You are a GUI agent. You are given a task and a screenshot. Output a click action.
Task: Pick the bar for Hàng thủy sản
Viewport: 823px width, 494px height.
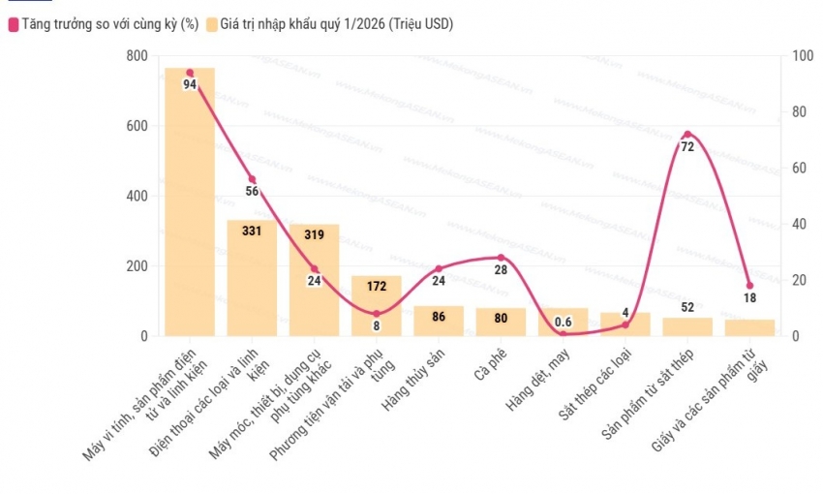tap(439, 322)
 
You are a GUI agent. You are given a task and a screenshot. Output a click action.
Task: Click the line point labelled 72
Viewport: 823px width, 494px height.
tap(687, 135)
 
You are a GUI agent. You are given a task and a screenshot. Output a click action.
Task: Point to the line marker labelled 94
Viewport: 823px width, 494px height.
tap(190, 73)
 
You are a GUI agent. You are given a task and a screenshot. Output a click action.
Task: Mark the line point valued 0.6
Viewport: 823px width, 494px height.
tap(564, 334)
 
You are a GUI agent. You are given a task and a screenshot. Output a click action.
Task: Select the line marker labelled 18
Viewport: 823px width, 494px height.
tap(749, 286)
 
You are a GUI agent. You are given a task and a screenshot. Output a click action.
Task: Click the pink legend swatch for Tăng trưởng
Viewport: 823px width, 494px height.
tap(14, 23)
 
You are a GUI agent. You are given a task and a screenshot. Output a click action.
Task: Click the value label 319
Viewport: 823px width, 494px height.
tap(314, 234)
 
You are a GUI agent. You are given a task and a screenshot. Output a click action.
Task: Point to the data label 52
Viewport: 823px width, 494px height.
tap(687, 308)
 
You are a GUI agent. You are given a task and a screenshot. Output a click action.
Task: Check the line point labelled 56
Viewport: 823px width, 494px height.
tap(252, 179)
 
